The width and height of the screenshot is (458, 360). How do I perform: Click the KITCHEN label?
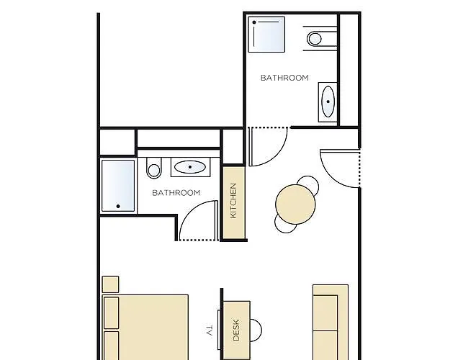pos(233,201)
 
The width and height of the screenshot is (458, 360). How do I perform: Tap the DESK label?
pos(236,330)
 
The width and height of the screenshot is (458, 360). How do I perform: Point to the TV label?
pos(210,330)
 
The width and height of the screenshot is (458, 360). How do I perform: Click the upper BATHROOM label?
pos(284,78)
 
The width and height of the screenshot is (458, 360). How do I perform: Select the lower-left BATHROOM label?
pos(176,193)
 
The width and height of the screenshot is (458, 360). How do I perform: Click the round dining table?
pos(295,204)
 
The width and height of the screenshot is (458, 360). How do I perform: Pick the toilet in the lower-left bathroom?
pos(153,168)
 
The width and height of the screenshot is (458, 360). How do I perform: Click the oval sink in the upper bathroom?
pos(328,102)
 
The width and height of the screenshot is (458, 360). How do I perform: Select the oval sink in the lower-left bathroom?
pos(190,167)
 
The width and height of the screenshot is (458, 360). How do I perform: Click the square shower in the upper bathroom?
pos(266,35)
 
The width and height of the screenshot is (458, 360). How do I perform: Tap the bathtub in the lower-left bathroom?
pos(118,186)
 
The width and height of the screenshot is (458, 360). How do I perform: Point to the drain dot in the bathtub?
pos(118,206)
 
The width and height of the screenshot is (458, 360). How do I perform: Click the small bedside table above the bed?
pos(110,284)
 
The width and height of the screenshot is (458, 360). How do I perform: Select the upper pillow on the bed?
pos(112,312)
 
